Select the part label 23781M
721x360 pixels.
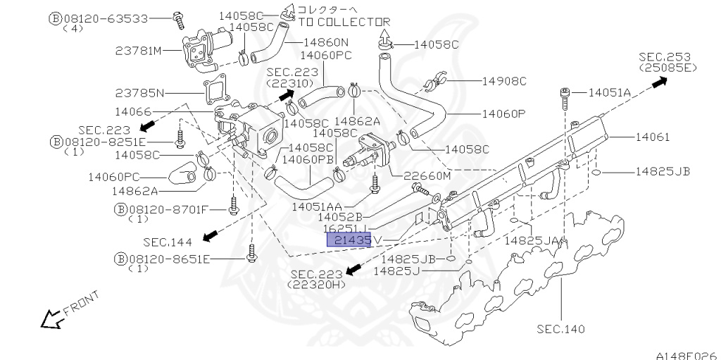coord(139,51)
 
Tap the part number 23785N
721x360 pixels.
coord(139,92)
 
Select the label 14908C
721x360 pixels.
coord(503,81)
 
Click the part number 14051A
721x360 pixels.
coord(609,92)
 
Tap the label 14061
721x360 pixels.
coord(653,137)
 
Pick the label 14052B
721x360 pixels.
coord(339,217)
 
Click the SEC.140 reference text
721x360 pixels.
coord(560,329)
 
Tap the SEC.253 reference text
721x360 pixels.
coord(666,56)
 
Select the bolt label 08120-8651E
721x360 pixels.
coord(169,259)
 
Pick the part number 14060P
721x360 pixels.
coord(503,113)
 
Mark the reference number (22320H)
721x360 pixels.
coord(317,285)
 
